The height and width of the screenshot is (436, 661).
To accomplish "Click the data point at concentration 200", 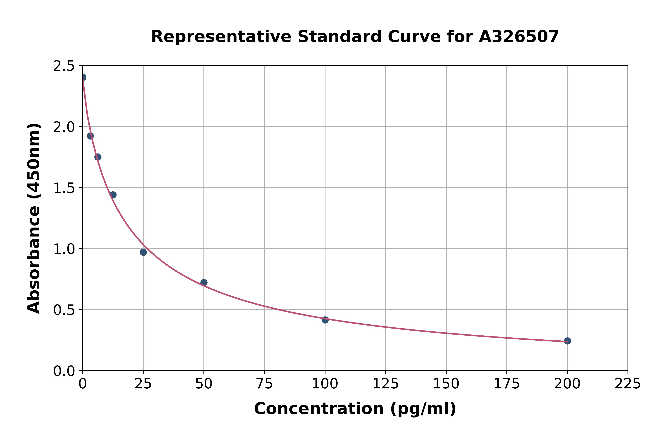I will [567, 341].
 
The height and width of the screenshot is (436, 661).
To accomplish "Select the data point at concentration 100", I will [325, 320].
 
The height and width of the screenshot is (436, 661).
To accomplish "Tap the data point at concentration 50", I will [204, 282].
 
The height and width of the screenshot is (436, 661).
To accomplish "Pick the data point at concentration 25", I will [143, 252].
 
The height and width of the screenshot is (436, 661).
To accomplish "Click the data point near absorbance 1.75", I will [98, 157].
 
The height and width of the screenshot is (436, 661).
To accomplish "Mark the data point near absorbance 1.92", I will [90, 136].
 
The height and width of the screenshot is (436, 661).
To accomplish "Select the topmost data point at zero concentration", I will [83, 77].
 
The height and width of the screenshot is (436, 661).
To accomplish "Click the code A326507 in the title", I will [519, 37].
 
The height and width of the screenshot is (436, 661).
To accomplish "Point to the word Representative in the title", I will [221, 37].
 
